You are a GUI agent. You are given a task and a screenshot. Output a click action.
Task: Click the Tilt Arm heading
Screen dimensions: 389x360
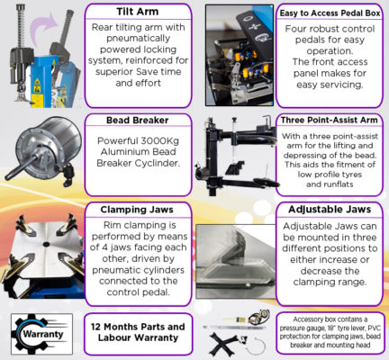138,12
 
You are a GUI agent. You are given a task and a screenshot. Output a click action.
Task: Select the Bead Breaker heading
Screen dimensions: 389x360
138,121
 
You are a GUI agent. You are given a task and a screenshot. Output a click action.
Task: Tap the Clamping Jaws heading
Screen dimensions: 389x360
137,210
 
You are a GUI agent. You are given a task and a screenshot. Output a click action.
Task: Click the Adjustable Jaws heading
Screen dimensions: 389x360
330,210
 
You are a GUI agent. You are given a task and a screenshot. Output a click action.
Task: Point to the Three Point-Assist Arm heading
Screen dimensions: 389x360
330,121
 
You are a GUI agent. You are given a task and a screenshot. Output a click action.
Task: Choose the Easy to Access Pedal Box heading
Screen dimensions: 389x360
330,13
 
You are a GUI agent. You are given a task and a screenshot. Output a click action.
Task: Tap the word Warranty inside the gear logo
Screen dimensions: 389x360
43,334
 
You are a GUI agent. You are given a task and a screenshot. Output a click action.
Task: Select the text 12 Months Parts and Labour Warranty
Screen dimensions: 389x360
138,332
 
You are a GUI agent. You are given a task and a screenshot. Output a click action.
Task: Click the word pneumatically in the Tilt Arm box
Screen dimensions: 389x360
138,39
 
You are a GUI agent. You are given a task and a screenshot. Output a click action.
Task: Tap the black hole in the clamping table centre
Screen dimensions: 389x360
46,244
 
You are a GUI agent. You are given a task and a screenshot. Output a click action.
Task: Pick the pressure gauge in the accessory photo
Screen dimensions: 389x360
258,317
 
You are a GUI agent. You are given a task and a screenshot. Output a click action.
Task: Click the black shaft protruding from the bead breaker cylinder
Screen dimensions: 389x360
23,166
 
